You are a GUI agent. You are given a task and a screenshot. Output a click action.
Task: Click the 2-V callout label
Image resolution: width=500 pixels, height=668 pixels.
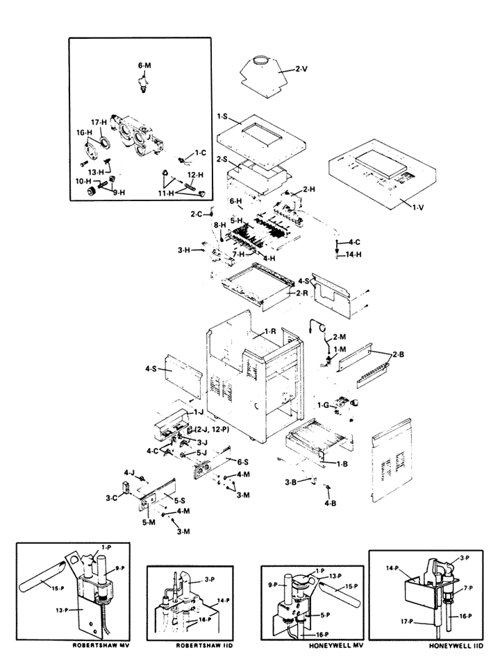click(x=300, y=69)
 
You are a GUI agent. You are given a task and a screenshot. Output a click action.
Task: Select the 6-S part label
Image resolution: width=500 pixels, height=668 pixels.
click(x=242, y=461)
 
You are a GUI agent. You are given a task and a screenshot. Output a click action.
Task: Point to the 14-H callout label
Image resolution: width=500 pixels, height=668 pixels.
click(x=353, y=255)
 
